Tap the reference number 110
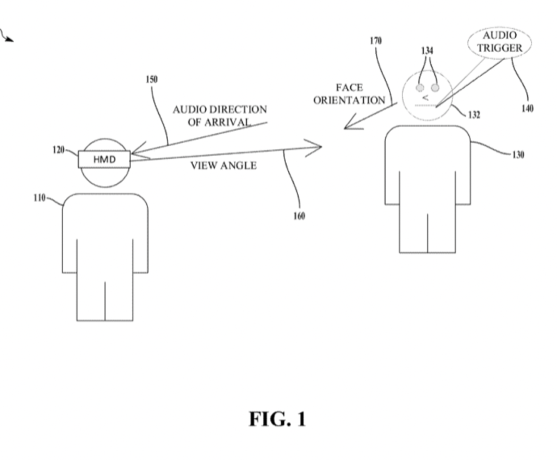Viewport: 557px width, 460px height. click(x=39, y=198)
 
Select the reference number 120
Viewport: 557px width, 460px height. click(x=59, y=150)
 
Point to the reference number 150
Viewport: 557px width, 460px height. click(x=151, y=79)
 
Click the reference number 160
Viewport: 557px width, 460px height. click(x=299, y=216)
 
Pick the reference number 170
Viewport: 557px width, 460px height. click(x=376, y=41)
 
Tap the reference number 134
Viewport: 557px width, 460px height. click(x=428, y=51)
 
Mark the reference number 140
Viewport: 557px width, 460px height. click(x=527, y=108)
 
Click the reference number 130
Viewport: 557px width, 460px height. click(x=518, y=155)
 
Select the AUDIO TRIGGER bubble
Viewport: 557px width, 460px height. click(x=499, y=42)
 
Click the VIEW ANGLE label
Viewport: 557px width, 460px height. click(x=223, y=166)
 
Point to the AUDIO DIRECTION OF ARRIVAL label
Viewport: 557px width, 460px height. click(x=220, y=115)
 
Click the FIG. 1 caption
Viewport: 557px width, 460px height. click(x=277, y=419)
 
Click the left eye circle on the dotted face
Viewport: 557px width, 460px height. click(x=420, y=88)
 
